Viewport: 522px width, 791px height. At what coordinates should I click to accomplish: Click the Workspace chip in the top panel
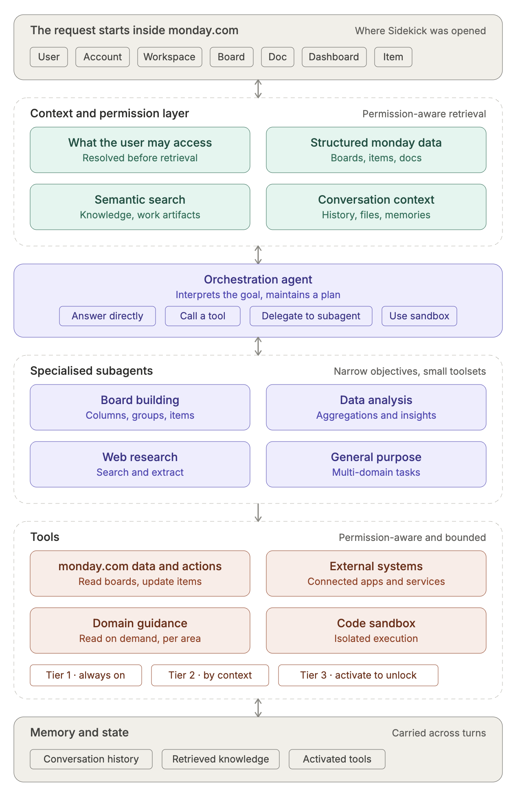tap(170, 57)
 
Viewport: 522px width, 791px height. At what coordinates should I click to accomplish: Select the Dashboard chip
tap(334, 57)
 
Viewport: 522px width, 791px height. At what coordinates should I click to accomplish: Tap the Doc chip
tap(278, 57)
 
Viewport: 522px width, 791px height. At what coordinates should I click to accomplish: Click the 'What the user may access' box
tap(140, 150)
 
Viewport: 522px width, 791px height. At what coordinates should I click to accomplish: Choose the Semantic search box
tap(140, 207)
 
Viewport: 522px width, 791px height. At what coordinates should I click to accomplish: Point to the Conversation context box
tap(376, 207)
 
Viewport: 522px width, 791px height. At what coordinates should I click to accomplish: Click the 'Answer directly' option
tap(107, 316)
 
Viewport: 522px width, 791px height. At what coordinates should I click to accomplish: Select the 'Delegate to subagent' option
tap(311, 316)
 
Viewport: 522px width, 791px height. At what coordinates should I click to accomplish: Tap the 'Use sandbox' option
tap(419, 316)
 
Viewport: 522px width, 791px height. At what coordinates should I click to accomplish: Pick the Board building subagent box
tap(140, 407)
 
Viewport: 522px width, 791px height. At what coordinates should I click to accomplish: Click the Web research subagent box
tap(140, 464)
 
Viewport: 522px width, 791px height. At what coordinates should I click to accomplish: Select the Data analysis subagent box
tap(376, 407)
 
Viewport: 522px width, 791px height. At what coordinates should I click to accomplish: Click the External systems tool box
tap(376, 573)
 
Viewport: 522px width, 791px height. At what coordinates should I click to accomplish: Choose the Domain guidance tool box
tap(140, 631)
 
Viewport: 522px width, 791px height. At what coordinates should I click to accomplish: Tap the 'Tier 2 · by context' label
tap(210, 675)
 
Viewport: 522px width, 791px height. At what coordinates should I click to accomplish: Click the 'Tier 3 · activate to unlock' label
tap(358, 675)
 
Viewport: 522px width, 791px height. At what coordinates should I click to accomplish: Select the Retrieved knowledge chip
tap(221, 759)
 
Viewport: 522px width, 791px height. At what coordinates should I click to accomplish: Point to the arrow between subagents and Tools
tap(258, 512)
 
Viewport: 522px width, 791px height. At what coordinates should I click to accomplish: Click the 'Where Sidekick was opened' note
tap(420, 31)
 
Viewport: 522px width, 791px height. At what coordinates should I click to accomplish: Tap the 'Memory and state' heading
tap(79, 732)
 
